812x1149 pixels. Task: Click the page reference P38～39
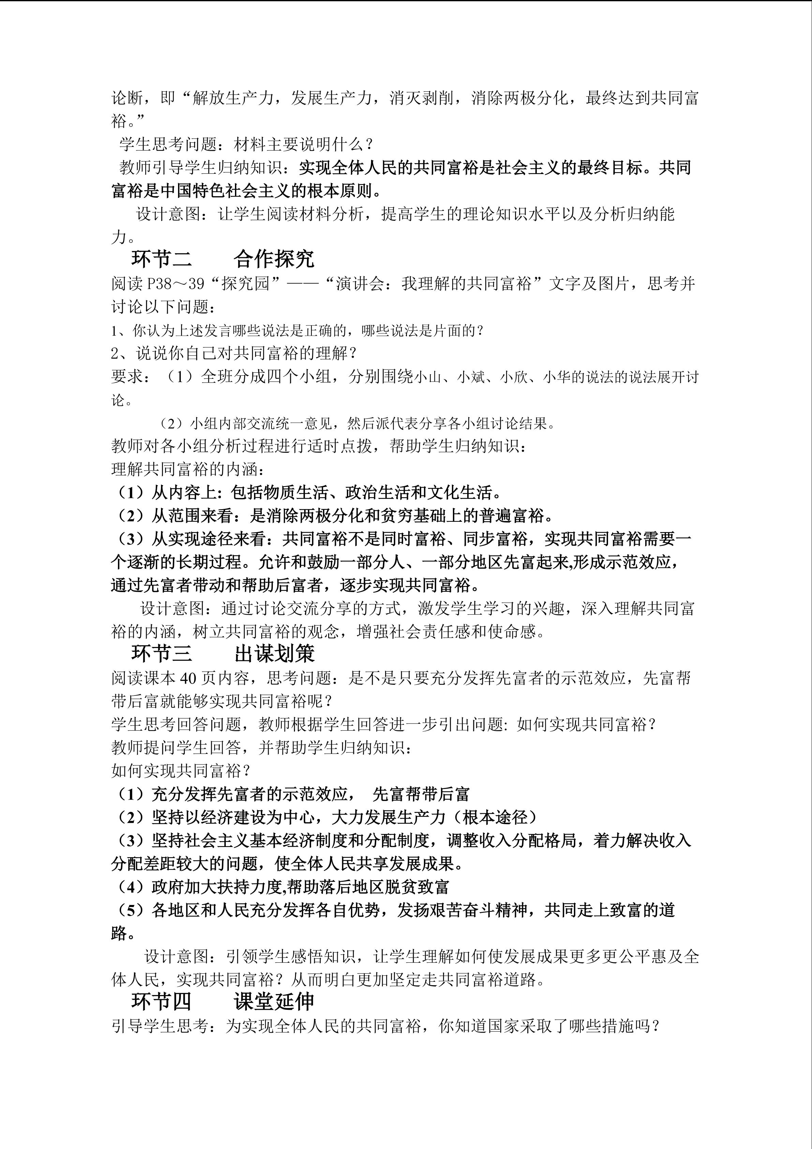(x=176, y=284)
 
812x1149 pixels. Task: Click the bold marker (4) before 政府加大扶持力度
(x=131, y=887)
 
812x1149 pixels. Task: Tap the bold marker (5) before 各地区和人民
(x=131, y=910)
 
